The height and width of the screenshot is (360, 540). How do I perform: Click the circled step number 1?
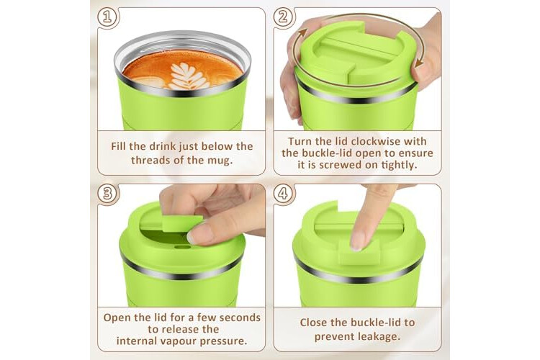[x=107, y=17]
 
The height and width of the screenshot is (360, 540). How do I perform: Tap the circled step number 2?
[x=284, y=17]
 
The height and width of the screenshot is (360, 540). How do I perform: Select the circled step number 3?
[x=107, y=193]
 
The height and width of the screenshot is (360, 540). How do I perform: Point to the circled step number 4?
[x=284, y=193]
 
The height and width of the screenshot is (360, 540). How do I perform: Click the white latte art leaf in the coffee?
[x=188, y=76]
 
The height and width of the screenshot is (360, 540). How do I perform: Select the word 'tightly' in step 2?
[x=399, y=165]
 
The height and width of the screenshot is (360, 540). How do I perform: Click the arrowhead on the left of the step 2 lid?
[x=302, y=32]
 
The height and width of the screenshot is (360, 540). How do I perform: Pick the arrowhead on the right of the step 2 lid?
[x=419, y=63]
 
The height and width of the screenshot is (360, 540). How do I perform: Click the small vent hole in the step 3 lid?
[x=182, y=247]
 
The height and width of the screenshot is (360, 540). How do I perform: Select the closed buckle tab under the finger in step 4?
[x=359, y=253]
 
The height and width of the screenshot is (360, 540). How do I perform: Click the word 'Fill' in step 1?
[x=119, y=146]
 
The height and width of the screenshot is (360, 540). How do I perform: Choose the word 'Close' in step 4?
[x=314, y=323]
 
